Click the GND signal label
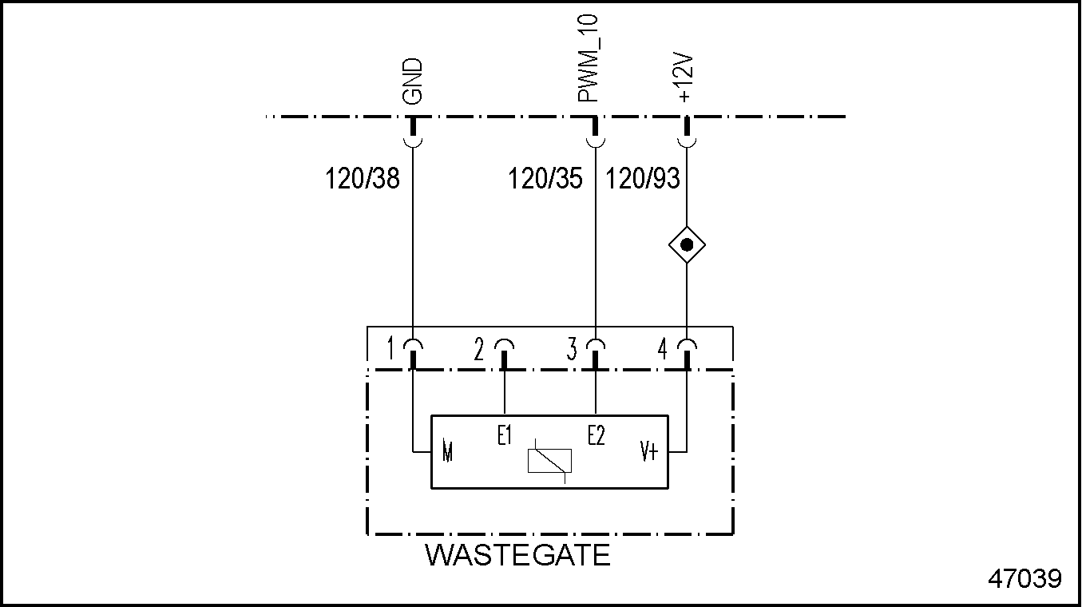coord(412,81)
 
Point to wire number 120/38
coord(362,178)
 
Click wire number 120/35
coord(545,178)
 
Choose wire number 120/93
coord(643,178)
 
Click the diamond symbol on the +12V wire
coord(687,245)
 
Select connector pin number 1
coord(390,349)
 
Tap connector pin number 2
coord(479,349)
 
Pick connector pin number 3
coord(572,349)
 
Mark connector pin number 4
coord(662,349)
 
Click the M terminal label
coord(447,453)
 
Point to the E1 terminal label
coord(504,436)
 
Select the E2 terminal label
coord(596,436)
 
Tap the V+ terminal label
coord(648,453)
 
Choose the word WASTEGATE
coord(517,555)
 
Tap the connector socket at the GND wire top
coord(413,141)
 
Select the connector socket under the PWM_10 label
coord(595,141)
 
